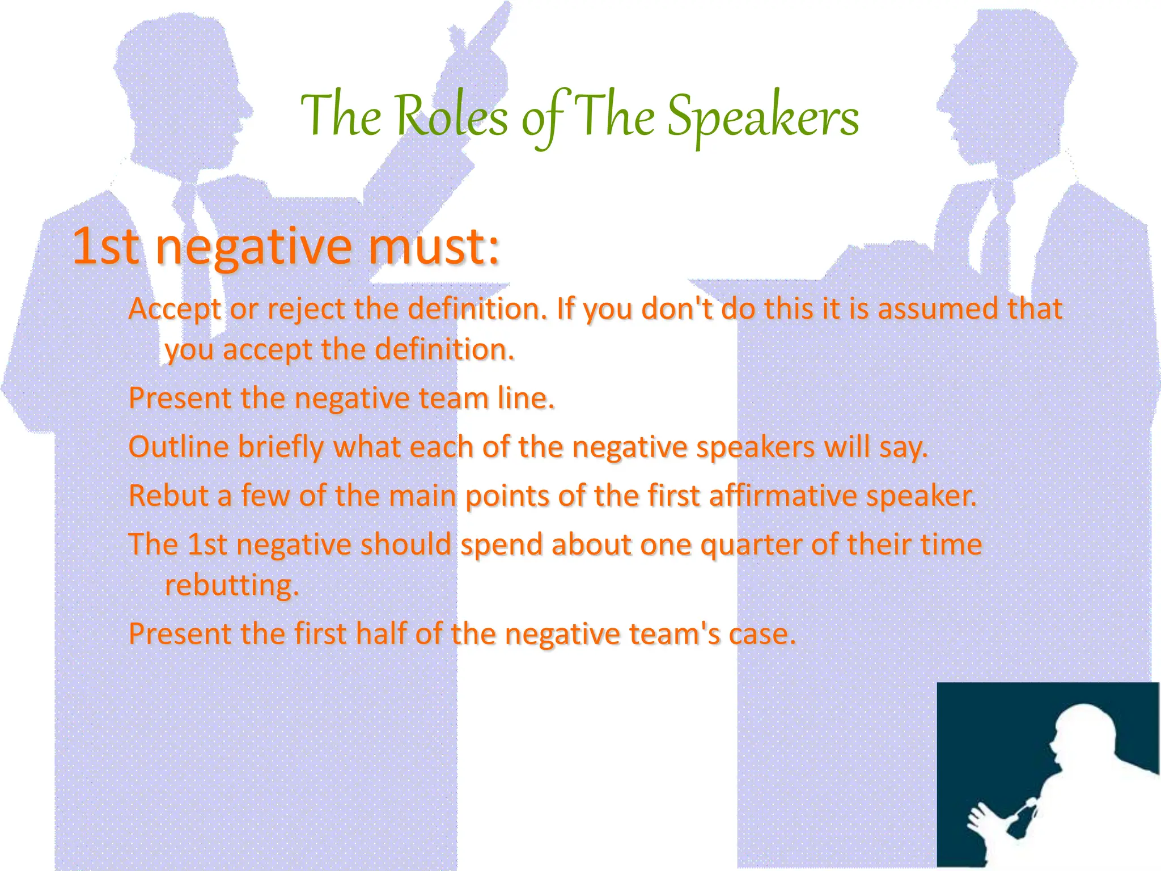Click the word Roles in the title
coord(451,117)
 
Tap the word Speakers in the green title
coord(762,117)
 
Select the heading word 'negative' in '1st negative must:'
coord(253,247)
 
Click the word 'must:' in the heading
coord(434,247)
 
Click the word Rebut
coord(168,496)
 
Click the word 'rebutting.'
coord(231,586)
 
